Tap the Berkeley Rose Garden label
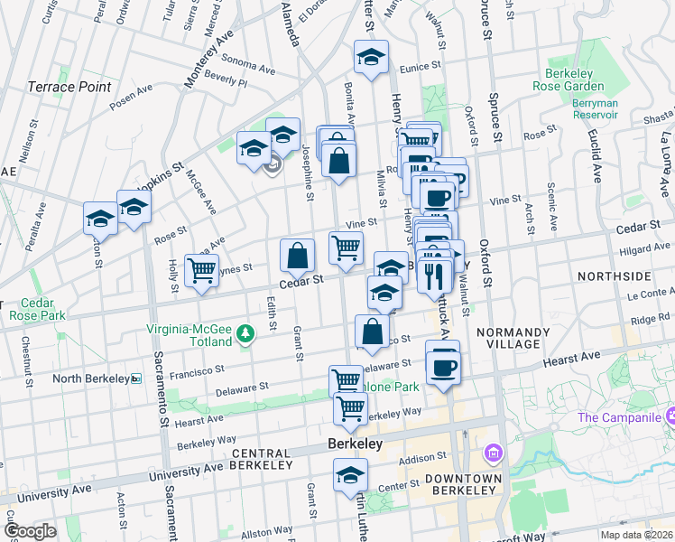pos(580,80)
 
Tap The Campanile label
pos(618,416)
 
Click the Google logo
pos(29,531)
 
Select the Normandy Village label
pos(513,339)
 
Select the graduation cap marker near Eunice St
pos(371,58)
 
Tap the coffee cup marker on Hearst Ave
pos(442,366)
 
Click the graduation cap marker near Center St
pos(350,475)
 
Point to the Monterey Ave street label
pos(208,59)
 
